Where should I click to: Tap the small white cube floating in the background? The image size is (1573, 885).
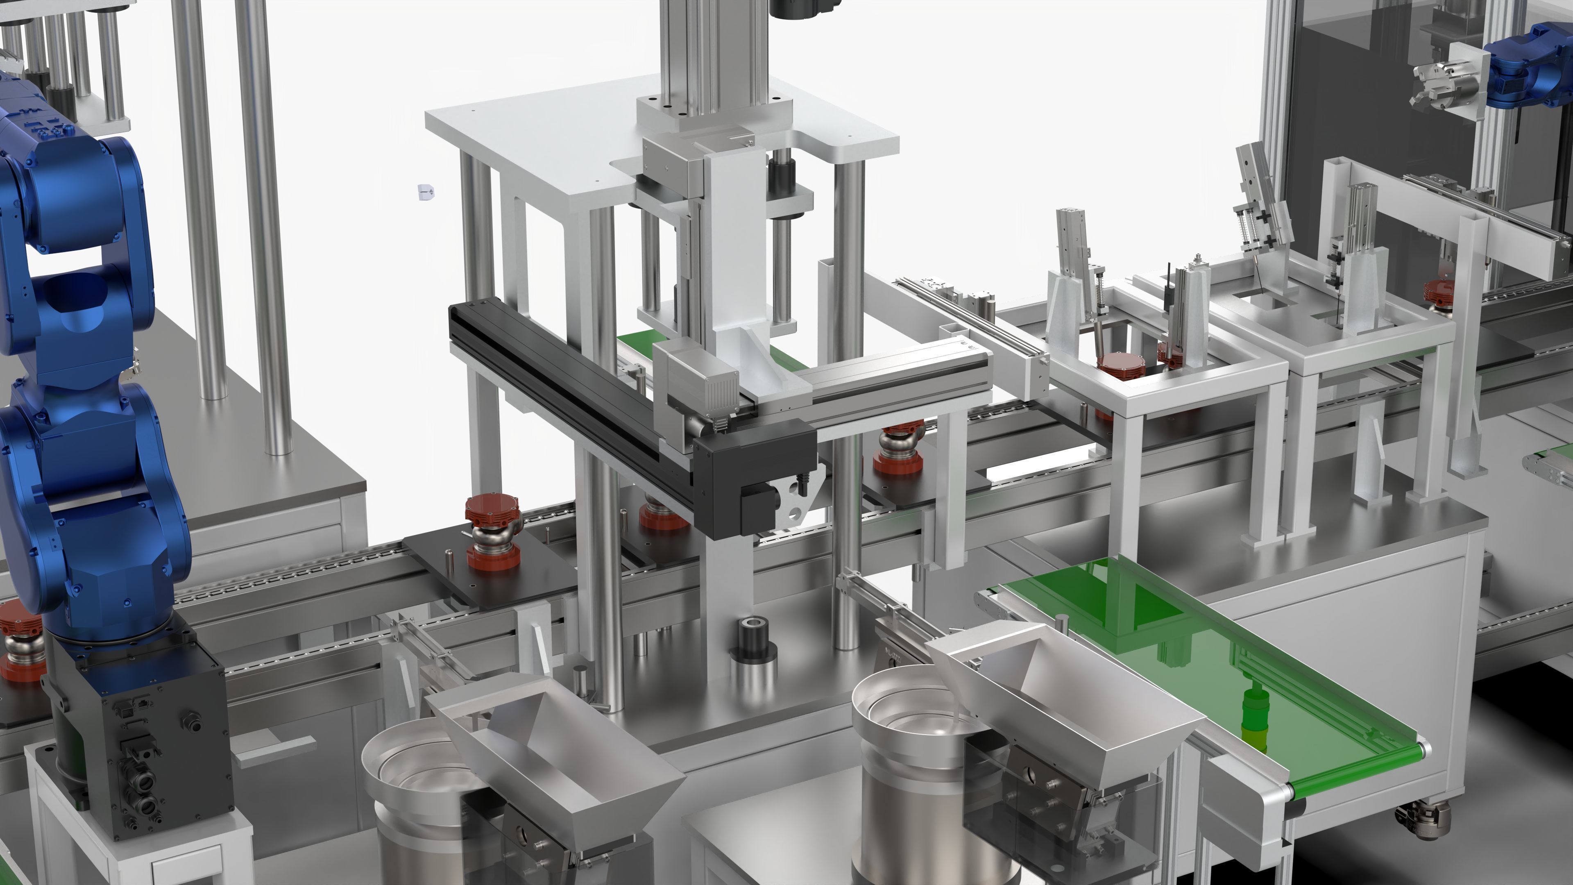[x=426, y=192]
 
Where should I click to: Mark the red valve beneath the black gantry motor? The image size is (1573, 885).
[x=662, y=516]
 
